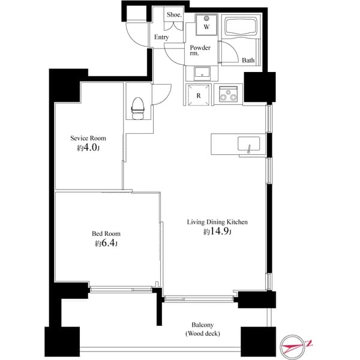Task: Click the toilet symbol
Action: (x=138, y=109)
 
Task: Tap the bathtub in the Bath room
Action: (x=241, y=26)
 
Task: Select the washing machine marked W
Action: (x=206, y=25)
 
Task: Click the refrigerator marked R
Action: (x=199, y=95)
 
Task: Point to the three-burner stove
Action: (x=228, y=94)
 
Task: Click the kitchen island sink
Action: (x=249, y=144)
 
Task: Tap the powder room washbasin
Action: (x=202, y=73)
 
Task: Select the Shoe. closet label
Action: (x=174, y=14)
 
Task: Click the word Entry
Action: (x=161, y=37)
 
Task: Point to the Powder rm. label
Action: (x=200, y=50)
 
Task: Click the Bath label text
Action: (x=248, y=61)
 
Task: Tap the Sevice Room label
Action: (x=88, y=138)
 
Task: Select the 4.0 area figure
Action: (x=90, y=148)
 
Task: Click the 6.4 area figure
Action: (x=107, y=243)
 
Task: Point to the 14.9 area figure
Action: (x=219, y=231)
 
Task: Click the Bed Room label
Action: (x=106, y=234)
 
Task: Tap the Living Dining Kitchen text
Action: (x=217, y=222)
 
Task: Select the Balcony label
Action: (x=203, y=325)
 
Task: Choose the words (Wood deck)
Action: (x=203, y=334)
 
